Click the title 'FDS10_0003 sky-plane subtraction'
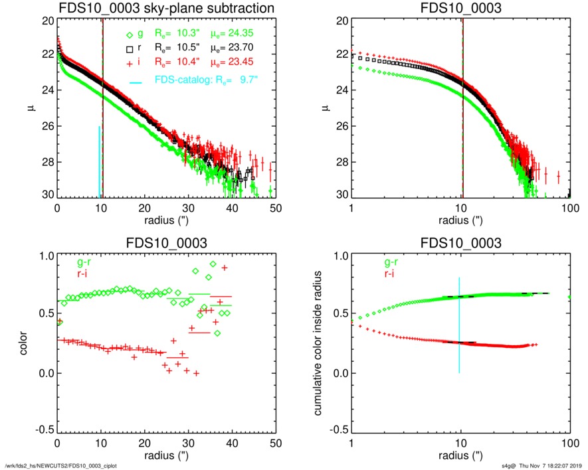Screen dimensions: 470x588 (166, 9)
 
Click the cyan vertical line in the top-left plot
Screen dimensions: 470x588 (100, 163)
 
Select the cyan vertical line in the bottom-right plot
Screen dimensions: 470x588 (459, 325)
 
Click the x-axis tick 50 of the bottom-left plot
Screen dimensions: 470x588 (276, 443)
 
